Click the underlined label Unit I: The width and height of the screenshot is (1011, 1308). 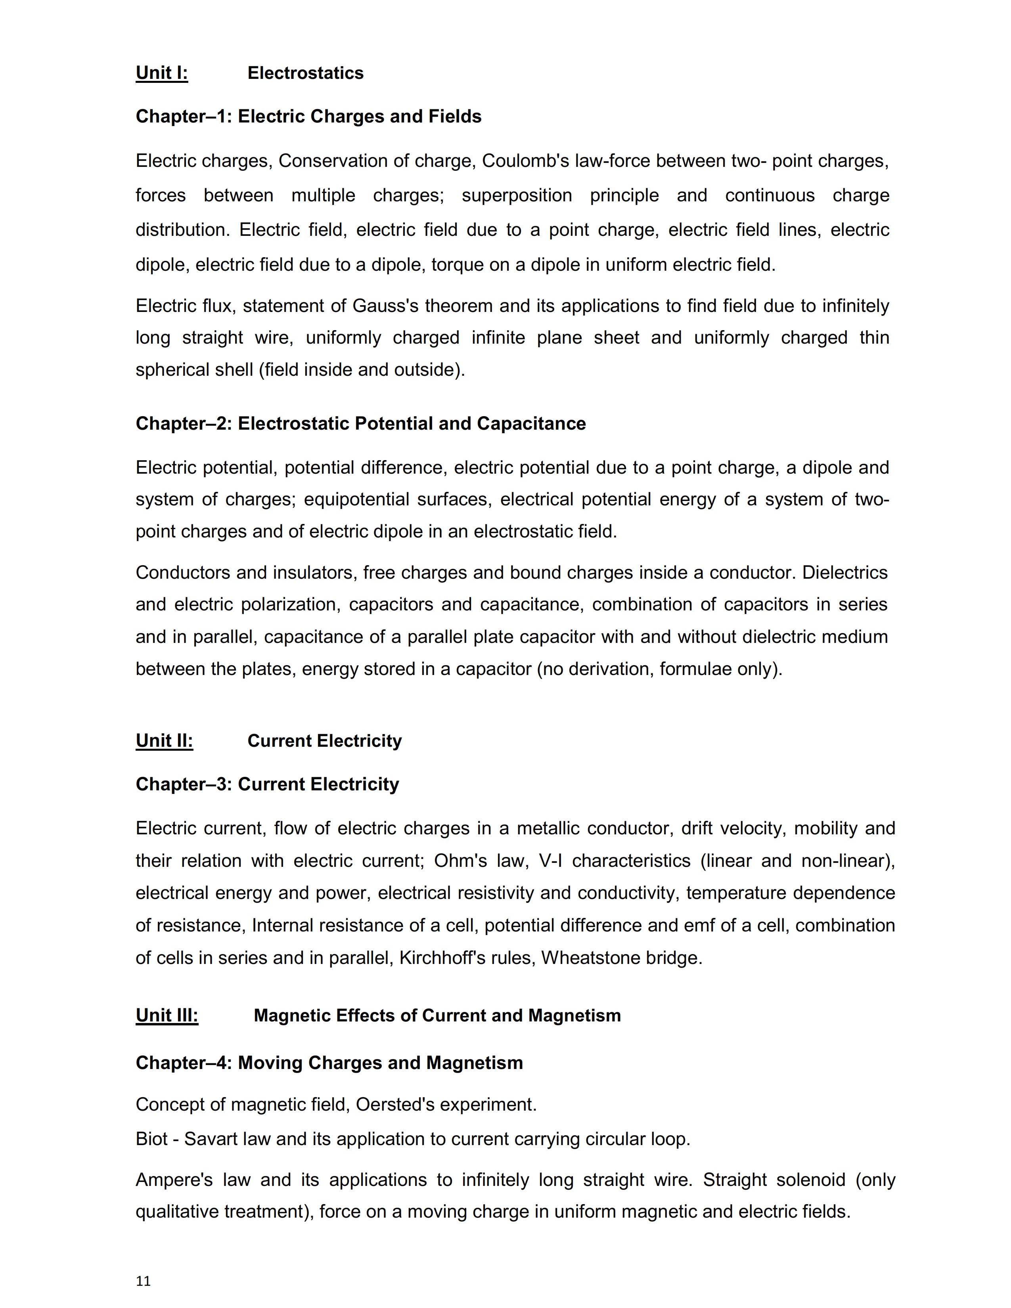(x=162, y=73)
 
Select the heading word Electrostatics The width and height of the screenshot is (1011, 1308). (x=305, y=73)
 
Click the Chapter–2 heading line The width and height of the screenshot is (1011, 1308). (x=360, y=423)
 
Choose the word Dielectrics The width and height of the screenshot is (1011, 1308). (x=844, y=573)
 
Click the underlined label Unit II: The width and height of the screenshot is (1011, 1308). (x=164, y=741)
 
